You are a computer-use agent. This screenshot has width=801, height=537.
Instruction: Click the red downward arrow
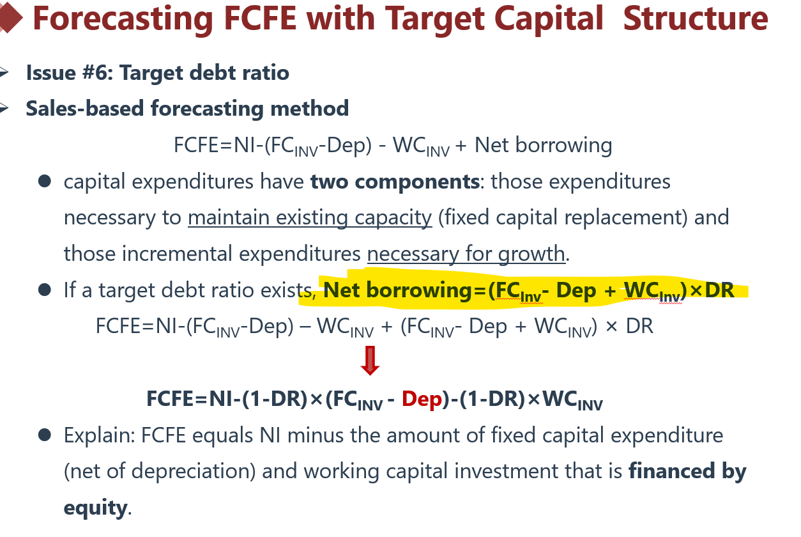pos(370,360)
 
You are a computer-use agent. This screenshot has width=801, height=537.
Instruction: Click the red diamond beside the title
pos(10,18)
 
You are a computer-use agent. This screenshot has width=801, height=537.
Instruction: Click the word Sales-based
pos(85,109)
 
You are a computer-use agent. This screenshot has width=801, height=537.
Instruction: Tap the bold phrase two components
pos(395,182)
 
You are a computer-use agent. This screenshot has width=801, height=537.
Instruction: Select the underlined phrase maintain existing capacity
pos(310,218)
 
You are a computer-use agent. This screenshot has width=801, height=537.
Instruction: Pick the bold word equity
pos(95,508)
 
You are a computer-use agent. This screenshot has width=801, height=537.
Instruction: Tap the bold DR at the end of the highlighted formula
pos(719,290)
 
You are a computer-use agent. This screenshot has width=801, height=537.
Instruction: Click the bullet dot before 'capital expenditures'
pos(45,181)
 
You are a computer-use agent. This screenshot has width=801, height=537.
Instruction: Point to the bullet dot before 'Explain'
pos(45,435)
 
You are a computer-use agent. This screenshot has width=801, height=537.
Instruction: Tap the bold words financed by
pos(687,472)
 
